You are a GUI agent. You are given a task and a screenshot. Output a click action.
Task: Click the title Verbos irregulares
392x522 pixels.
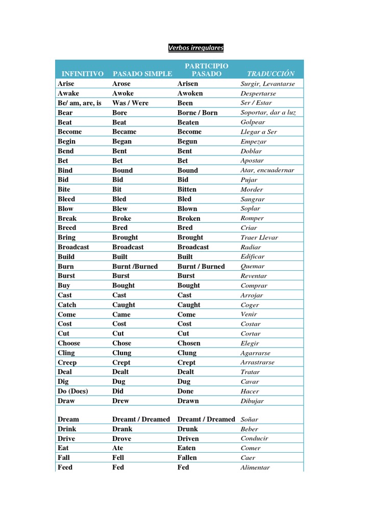(196, 48)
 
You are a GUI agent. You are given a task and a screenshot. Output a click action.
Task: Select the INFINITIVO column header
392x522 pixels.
(83, 74)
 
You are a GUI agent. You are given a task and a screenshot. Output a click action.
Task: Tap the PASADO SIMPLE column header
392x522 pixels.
(142, 74)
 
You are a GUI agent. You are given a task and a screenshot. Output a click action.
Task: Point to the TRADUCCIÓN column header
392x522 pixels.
(271, 74)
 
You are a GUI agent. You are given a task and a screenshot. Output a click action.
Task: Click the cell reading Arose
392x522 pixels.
(121, 84)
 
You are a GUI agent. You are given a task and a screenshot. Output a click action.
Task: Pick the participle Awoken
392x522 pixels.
(190, 93)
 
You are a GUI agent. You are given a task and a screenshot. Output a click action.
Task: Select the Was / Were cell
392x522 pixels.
(130, 103)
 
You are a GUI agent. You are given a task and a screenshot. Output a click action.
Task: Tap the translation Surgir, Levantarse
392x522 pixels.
(268, 84)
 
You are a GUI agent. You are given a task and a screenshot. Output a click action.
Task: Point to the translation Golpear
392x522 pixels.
(253, 122)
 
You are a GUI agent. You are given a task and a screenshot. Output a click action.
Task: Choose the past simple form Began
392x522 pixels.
(122, 141)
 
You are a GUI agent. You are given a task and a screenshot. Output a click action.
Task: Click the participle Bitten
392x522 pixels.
(187, 189)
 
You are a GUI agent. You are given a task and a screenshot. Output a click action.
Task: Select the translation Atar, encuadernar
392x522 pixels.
(267, 170)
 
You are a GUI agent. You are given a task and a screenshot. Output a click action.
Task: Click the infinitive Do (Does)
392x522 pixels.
(73, 391)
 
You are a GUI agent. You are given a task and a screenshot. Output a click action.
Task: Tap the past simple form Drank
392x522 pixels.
(122, 429)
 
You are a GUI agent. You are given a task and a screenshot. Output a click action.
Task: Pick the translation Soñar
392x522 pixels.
(250, 420)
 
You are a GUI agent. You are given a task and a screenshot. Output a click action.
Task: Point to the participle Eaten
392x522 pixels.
(186, 448)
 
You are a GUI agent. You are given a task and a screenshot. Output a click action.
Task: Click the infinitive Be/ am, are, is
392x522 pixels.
(80, 103)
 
